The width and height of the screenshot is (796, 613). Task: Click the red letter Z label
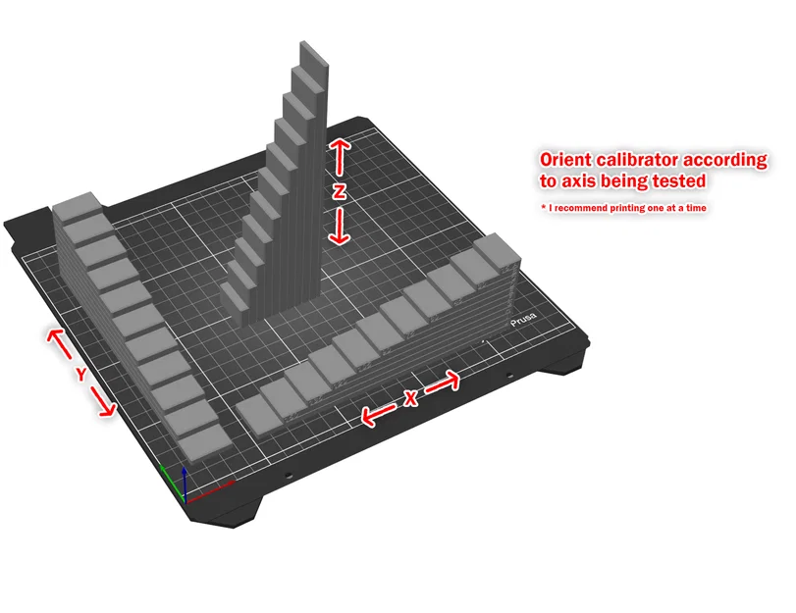point(339,193)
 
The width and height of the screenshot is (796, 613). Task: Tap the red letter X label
point(411,397)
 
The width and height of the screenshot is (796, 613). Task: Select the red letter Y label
point(81,374)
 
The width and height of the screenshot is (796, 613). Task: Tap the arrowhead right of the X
point(453,378)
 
